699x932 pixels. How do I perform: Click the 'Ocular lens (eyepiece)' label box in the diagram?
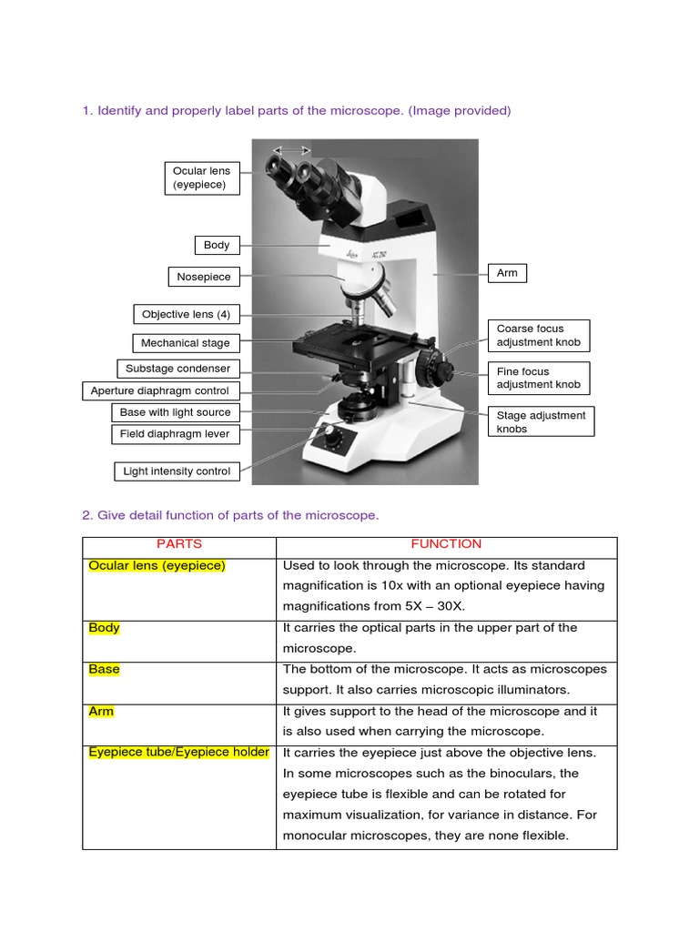(x=201, y=177)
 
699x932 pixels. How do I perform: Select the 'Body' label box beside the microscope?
(x=217, y=245)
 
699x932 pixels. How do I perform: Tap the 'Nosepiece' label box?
(x=204, y=277)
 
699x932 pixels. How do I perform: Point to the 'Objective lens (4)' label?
(x=187, y=315)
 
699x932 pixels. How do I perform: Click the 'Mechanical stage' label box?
(x=186, y=343)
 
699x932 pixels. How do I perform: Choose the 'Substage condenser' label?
(x=177, y=369)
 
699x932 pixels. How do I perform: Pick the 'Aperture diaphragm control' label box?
(x=159, y=391)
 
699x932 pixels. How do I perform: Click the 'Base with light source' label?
(x=175, y=412)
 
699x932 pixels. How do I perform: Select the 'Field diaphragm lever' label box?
(x=175, y=434)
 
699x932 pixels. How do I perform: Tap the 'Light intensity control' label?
(x=177, y=471)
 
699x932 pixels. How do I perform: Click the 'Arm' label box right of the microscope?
(x=507, y=273)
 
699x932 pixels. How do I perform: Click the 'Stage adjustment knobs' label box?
(x=542, y=421)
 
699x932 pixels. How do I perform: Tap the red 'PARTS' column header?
(x=179, y=544)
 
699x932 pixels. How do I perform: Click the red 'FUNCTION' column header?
(x=446, y=544)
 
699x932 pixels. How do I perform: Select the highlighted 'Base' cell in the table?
(x=105, y=669)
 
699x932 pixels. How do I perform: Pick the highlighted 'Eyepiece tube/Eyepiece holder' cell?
(x=179, y=752)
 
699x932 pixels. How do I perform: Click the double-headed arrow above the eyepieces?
(x=293, y=150)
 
